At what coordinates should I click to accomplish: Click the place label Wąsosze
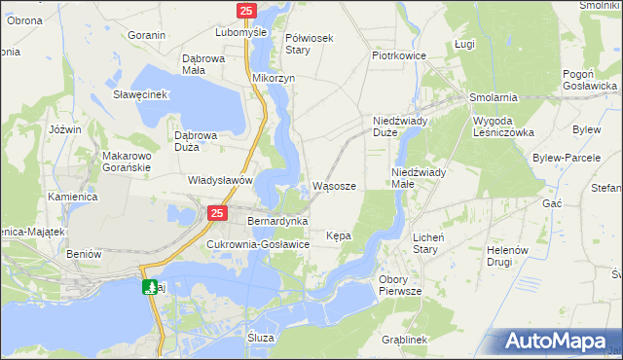point(340,186)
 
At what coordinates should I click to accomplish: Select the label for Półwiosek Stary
point(310,44)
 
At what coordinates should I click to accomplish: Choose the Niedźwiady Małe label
point(419,178)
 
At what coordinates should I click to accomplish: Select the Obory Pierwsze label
point(399,285)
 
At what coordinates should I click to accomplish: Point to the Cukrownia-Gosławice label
point(258,244)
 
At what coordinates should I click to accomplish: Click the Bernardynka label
point(278,222)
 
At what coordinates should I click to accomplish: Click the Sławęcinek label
point(141,94)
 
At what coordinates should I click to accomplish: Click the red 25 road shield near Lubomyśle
point(246,11)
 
